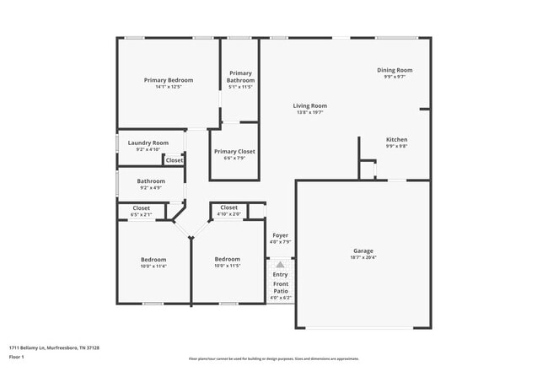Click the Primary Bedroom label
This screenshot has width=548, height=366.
coord(168,80)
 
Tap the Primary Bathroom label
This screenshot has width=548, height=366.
coord(240,77)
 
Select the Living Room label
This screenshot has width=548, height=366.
coord(309,105)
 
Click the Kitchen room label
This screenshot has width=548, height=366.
coord(396,139)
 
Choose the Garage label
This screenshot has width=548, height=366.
coord(363,250)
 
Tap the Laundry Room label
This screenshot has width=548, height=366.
coord(148,143)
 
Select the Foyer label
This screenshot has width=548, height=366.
coord(280,235)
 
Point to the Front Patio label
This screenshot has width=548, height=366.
coord(280,288)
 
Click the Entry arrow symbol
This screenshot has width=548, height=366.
coord(280,264)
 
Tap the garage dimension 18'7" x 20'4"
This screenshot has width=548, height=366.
coord(363,257)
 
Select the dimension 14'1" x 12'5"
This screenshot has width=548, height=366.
coord(168,87)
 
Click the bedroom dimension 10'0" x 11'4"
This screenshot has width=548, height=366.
coord(153,266)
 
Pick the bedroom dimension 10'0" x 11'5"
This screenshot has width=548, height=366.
coord(228,266)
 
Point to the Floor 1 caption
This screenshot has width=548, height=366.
coord(17,357)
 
